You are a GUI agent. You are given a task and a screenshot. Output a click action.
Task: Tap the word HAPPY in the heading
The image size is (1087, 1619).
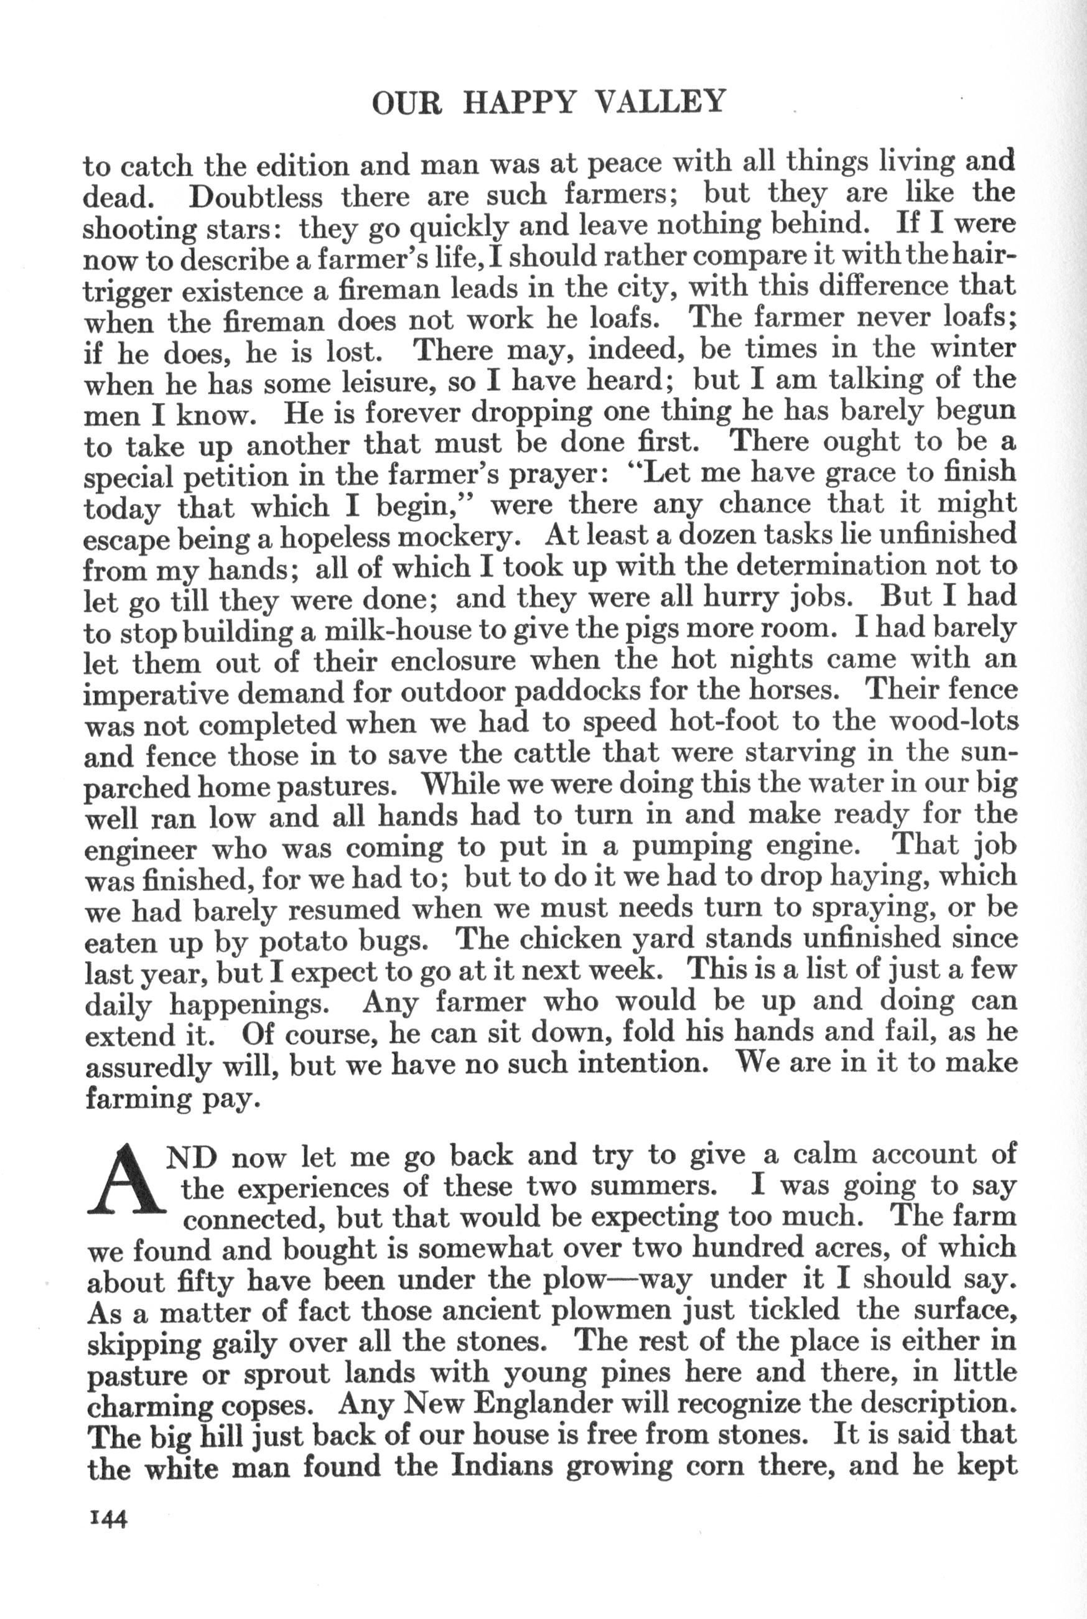(x=520, y=103)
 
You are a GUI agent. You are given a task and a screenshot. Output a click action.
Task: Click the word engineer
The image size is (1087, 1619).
(x=141, y=847)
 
